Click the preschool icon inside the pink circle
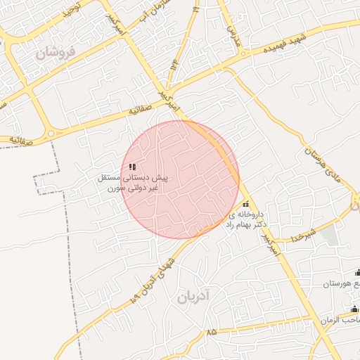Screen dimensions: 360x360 [132, 167]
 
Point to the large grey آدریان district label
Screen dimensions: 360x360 [194, 296]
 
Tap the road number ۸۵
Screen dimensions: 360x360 [212, 331]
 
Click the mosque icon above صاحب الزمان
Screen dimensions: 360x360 [354, 308]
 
